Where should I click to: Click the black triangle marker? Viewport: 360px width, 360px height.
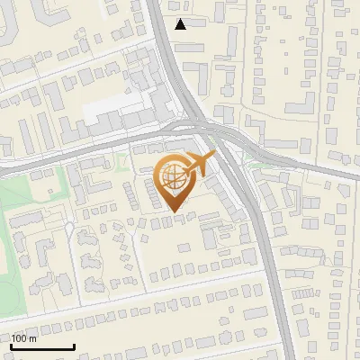[181, 24]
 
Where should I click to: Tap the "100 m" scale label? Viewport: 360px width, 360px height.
[23, 338]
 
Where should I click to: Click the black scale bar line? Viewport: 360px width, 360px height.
[41, 347]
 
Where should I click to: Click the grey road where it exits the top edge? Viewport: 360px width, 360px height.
[155, 4]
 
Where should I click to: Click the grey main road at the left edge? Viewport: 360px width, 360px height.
[4, 167]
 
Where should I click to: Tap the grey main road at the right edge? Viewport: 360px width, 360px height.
[355, 176]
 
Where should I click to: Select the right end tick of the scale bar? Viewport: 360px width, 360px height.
[73, 346]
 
